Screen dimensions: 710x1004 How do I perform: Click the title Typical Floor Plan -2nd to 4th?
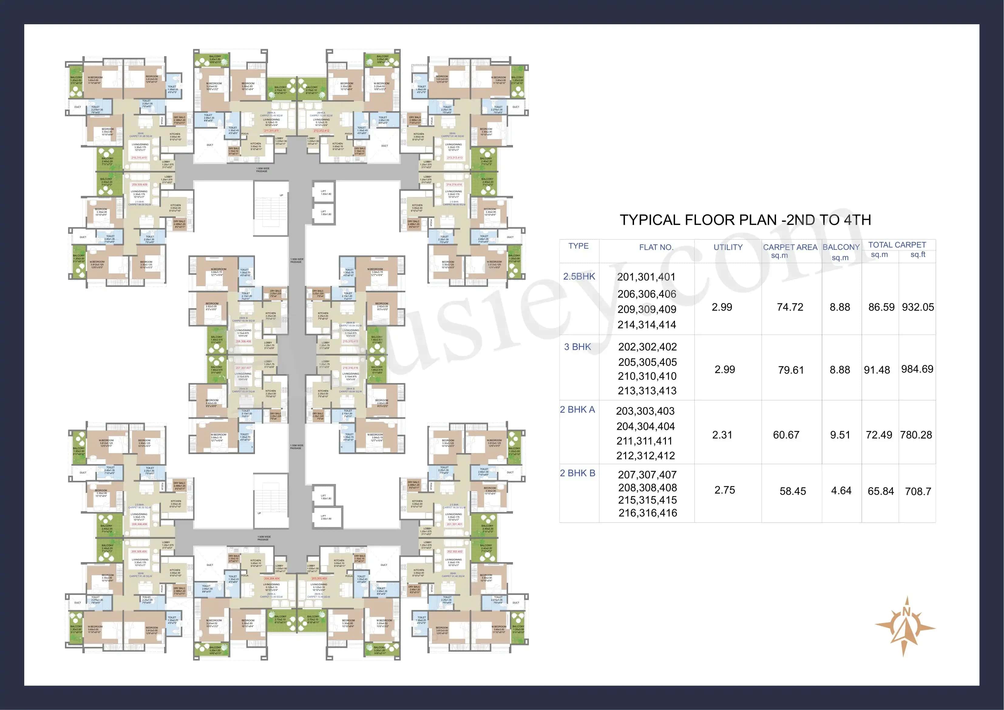click(745, 220)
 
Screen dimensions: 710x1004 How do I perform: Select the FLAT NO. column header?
click(656, 247)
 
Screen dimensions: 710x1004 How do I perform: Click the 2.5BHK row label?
click(579, 277)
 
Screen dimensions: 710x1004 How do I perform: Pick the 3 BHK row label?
click(577, 347)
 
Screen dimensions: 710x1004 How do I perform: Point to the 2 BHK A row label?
click(577, 409)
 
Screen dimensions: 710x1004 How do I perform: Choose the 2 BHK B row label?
click(577, 473)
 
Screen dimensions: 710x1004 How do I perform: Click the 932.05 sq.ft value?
click(918, 307)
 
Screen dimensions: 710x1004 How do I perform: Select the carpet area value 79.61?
click(791, 370)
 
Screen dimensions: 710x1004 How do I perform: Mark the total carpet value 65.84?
click(881, 491)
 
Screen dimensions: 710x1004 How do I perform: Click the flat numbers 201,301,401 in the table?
click(646, 277)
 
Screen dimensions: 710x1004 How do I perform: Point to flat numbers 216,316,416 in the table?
click(648, 513)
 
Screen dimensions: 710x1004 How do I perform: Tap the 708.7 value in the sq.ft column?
click(918, 491)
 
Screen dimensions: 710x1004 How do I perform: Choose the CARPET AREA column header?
click(790, 247)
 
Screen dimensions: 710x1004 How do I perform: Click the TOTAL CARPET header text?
click(897, 245)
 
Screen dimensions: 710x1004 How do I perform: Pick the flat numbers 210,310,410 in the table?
click(647, 376)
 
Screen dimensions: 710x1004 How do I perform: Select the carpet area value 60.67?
click(786, 435)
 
